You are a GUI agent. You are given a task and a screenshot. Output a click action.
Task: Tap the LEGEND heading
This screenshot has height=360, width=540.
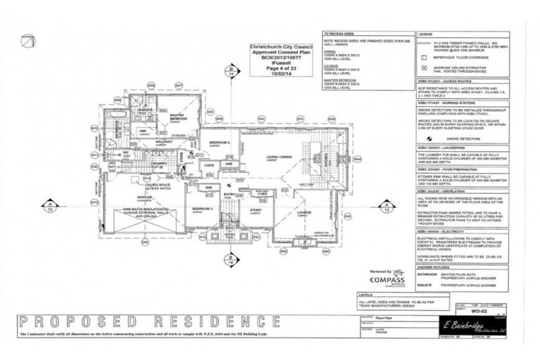point(425,34)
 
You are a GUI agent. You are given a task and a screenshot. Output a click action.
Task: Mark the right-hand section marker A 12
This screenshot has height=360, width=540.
point(385,205)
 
